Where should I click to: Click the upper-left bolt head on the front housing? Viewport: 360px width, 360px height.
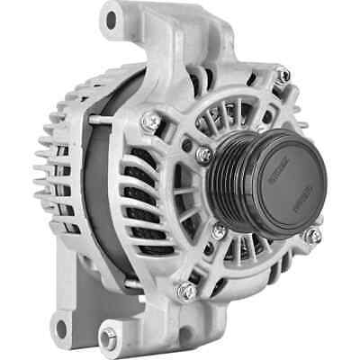pyautogui.click(x=152, y=119)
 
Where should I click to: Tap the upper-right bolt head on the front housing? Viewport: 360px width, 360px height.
pyautogui.click(x=282, y=77)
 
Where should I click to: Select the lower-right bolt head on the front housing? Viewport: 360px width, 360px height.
pyautogui.click(x=312, y=236)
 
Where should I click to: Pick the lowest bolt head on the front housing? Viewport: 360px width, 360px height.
pyautogui.click(x=187, y=290)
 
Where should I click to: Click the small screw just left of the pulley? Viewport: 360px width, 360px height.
pyautogui.click(x=205, y=156)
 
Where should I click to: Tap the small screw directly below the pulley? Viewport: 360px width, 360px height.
pyautogui.click(x=219, y=231)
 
